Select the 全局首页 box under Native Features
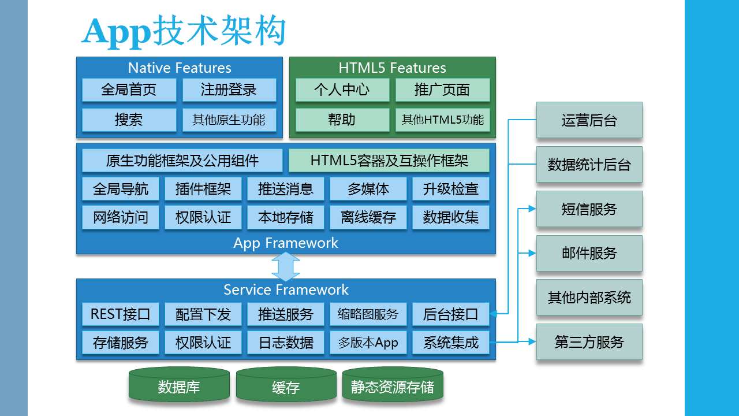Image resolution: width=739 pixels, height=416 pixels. coord(129,90)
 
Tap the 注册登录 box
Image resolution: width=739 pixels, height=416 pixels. coord(229,90)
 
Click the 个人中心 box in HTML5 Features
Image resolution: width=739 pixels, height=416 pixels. coord(342,90)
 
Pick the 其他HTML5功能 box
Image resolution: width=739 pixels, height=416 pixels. coord(442,120)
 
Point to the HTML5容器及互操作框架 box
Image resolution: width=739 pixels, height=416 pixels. coord(389,161)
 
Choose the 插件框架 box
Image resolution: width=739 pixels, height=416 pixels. coord(203,189)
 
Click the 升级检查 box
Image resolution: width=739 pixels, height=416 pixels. coord(450,189)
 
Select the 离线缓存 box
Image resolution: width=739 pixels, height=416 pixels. coord(368,218)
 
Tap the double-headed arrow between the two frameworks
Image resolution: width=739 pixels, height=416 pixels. coord(286,267)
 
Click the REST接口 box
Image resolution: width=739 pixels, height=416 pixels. coord(120,314)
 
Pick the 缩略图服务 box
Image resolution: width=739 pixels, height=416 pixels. coord(368,314)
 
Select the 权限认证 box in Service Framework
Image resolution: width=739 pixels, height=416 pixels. coord(203,343)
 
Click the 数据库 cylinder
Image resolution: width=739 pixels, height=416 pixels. coord(179,385)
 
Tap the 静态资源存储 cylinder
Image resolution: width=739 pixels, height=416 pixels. coord(393,385)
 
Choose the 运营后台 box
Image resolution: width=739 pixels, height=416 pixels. coord(589,120)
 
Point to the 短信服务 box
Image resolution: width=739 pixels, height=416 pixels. coord(589,209)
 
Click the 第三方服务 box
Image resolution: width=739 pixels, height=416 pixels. coord(589,342)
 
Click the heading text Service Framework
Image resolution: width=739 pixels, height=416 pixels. coord(286,289)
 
